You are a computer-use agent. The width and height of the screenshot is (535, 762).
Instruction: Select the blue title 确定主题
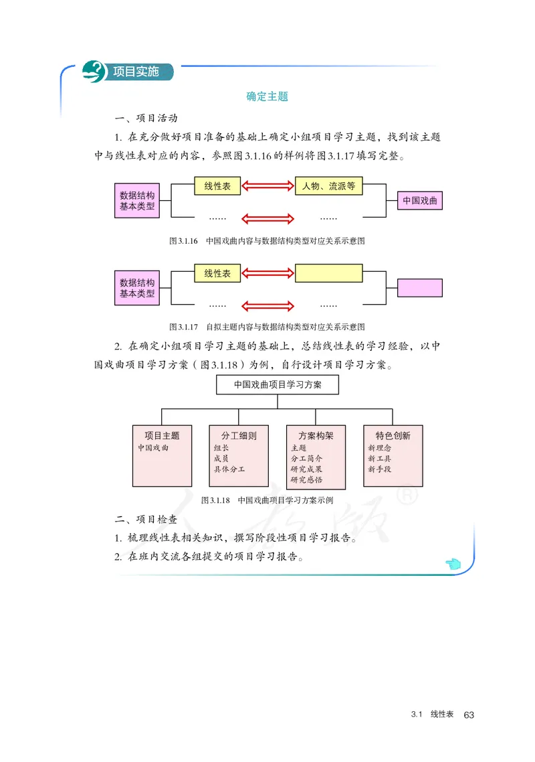click(x=267, y=96)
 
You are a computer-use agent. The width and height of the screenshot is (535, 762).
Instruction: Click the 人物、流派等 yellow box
click(x=328, y=186)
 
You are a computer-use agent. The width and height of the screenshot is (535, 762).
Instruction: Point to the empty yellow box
click(x=328, y=273)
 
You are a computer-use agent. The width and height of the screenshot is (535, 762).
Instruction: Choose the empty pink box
click(x=419, y=288)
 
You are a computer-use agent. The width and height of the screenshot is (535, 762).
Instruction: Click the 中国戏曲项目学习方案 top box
click(x=277, y=385)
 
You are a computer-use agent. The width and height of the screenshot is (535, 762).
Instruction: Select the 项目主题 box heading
click(x=162, y=435)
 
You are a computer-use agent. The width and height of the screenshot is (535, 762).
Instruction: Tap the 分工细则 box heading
click(x=239, y=435)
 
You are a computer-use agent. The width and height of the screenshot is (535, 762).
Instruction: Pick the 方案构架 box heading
click(x=316, y=435)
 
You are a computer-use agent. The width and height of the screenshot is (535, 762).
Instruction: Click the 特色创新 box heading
click(x=393, y=435)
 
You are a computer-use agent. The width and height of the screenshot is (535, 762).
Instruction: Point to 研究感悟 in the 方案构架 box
click(x=307, y=479)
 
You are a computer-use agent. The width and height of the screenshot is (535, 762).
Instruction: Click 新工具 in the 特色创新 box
click(x=379, y=459)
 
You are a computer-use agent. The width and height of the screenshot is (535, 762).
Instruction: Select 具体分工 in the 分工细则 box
click(x=229, y=469)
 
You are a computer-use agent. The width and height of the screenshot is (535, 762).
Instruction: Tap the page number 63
click(x=468, y=715)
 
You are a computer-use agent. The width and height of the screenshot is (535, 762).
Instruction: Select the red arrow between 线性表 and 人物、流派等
click(x=267, y=187)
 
